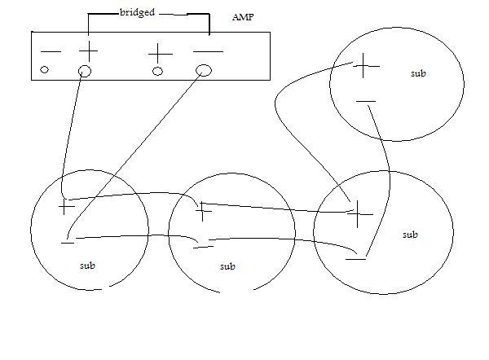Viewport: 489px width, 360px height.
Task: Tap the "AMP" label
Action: click(243, 18)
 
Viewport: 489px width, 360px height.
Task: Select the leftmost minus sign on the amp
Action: click(51, 52)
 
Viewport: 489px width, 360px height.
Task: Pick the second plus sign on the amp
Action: click(160, 53)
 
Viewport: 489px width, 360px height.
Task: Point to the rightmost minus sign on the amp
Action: click(208, 52)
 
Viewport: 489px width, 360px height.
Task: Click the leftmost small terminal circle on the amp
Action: click(45, 70)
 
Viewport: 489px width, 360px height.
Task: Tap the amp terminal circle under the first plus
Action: click(85, 71)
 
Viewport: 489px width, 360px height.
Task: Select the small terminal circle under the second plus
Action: click(158, 71)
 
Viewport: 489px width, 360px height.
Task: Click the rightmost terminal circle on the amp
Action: click(204, 70)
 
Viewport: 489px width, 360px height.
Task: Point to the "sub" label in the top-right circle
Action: click(419, 73)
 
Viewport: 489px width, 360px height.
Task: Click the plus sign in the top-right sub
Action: click(366, 65)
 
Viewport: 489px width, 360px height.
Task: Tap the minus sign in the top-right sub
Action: click(366, 102)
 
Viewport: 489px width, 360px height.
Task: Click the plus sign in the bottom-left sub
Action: click(67, 207)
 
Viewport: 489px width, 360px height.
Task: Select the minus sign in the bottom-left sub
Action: click(68, 241)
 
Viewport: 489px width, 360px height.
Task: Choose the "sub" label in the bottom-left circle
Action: click(87, 266)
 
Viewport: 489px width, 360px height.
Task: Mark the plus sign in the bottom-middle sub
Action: click(204, 212)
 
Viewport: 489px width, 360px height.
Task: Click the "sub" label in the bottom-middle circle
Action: click(227, 266)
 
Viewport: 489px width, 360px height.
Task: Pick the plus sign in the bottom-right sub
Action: click(359, 213)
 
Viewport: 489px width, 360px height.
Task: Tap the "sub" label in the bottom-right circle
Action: click(410, 235)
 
